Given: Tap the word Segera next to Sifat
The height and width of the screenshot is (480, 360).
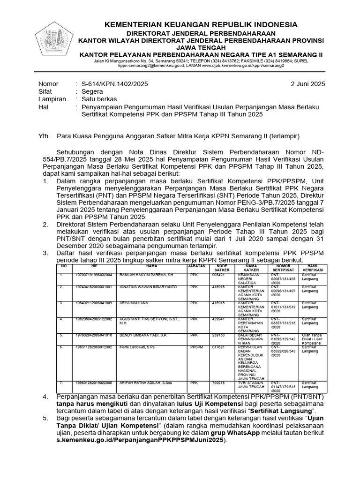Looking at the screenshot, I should click(92, 92).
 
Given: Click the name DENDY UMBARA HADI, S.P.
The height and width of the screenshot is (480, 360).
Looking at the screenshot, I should click(142, 335).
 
